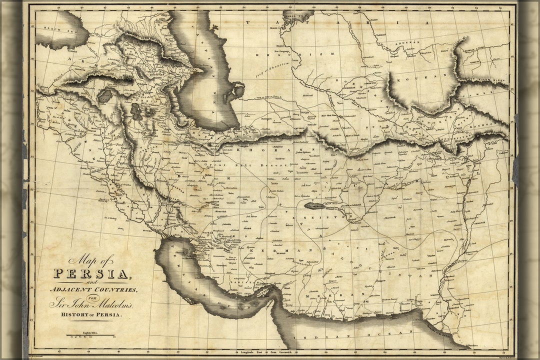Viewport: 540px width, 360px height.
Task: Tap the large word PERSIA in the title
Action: coord(92,273)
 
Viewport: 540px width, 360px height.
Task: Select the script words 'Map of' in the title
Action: coord(91,260)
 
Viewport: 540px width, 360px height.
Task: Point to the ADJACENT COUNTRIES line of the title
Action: coord(93,290)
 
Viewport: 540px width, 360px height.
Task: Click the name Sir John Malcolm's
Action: coord(91,303)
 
